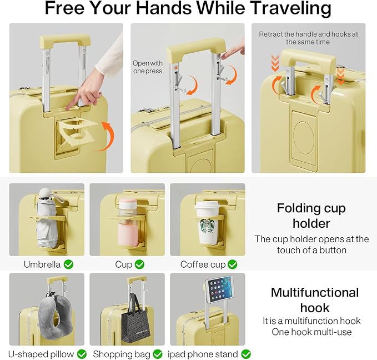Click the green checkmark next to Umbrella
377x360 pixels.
click(x=68, y=264)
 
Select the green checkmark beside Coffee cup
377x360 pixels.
click(x=232, y=264)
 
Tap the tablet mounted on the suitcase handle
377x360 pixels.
click(x=219, y=289)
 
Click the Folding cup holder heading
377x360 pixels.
click(x=311, y=216)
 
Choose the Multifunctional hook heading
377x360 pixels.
click(x=314, y=299)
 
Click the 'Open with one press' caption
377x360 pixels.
click(x=148, y=67)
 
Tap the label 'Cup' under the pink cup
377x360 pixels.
click(x=123, y=264)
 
